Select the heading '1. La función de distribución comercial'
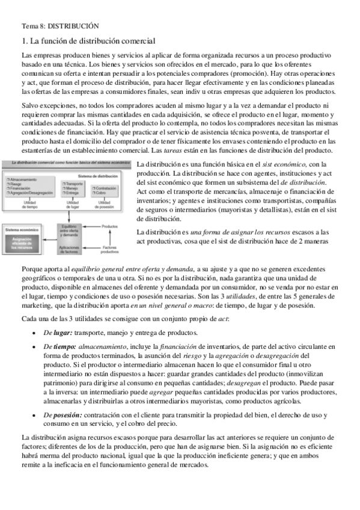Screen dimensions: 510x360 pyautogui.click(x=88, y=41)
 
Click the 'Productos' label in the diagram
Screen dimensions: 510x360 pyautogui.click(x=109, y=226)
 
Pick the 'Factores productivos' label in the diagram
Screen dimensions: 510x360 pyautogui.click(x=109, y=249)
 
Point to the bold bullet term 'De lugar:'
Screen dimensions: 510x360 pyautogui.click(x=58, y=333)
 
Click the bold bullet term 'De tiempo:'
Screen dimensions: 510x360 pyautogui.click(x=59, y=347)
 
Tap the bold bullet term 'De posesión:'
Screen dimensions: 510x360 pyautogui.click(x=63, y=415)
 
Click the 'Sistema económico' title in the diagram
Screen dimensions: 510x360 pyautogui.click(x=22, y=230)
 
